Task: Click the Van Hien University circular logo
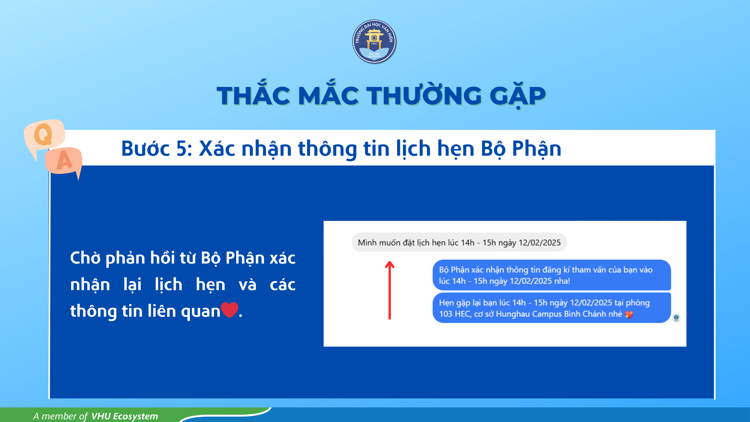(x=374, y=41)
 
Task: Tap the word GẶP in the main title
(x=517, y=96)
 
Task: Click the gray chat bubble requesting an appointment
(x=459, y=242)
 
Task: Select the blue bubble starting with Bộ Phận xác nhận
(x=552, y=275)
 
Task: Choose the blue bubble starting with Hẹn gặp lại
(x=552, y=308)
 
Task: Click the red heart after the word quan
(x=229, y=310)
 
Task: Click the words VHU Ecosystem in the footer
(x=125, y=416)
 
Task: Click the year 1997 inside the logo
(x=374, y=44)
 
